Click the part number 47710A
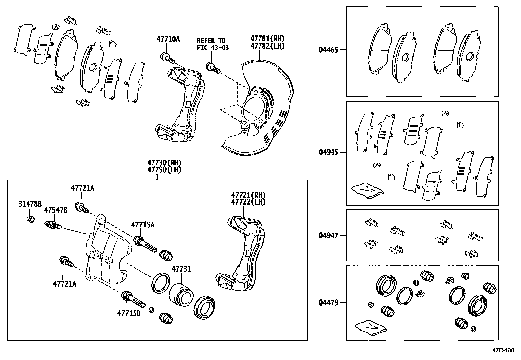pyautogui.click(x=168, y=39)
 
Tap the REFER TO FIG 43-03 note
pyautogui.click(x=212, y=44)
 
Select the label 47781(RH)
pyautogui.click(x=267, y=39)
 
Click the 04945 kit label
pyautogui.click(x=329, y=152)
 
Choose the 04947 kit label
pyautogui.click(x=329, y=235)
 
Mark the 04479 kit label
pyautogui.click(x=329, y=303)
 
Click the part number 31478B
pyautogui.click(x=29, y=204)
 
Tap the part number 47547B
pyautogui.click(x=56, y=210)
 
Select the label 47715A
pyautogui.click(x=143, y=225)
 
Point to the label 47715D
pyautogui.click(x=129, y=313)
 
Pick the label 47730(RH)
pyautogui.click(x=164, y=162)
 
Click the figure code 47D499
pyautogui.click(x=503, y=350)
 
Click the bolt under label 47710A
pyautogui.click(x=167, y=58)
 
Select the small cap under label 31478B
pyautogui.click(x=30, y=219)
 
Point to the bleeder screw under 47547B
pyautogui.click(x=52, y=225)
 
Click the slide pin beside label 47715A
pyautogui.click(x=144, y=243)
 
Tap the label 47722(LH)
pyautogui.click(x=248, y=202)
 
